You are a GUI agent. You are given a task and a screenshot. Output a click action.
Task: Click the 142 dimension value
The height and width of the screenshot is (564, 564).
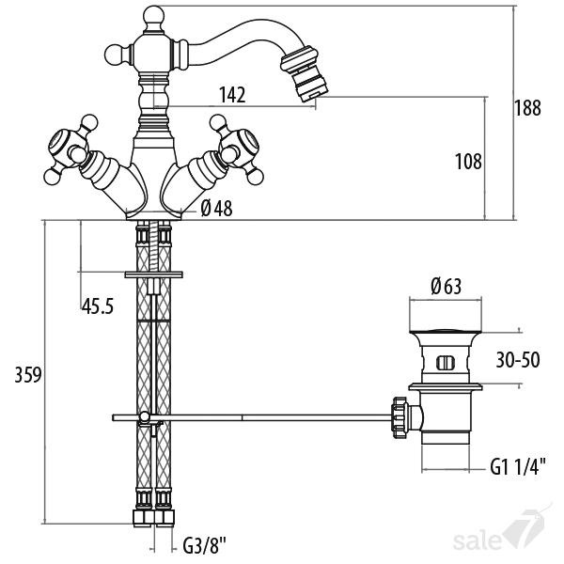click(x=232, y=95)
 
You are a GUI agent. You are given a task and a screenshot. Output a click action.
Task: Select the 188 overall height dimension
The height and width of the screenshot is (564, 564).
click(x=527, y=108)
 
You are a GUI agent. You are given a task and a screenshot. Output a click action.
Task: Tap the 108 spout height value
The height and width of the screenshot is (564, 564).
click(x=468, y=162)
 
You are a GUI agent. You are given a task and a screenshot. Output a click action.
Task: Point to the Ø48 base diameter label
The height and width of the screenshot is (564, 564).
click(x=216, y=209)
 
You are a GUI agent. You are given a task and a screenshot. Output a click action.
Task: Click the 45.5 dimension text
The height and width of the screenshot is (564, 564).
click(x=98, y=306)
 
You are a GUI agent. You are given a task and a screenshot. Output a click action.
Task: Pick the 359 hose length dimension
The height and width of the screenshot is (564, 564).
click(x=28, y=375)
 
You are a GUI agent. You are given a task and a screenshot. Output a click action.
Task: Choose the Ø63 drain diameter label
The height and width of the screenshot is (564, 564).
click(x=446, y=287)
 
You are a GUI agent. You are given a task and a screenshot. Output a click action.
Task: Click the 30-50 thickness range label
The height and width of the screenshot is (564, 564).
click(x=518, y=360)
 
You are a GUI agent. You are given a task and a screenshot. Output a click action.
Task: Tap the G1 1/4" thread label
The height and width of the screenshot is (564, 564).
click(x=518, y=466)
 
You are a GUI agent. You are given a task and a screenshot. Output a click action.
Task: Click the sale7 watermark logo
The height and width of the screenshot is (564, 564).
click(x=503, y=533)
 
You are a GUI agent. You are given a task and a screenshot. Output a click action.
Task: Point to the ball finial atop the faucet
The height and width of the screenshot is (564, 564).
click(x=153, y=16)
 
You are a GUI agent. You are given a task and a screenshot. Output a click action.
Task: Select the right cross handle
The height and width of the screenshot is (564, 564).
click(x=238, y=149)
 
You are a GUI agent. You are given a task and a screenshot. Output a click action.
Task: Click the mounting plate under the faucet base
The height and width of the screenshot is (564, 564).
click(x=153, y=274)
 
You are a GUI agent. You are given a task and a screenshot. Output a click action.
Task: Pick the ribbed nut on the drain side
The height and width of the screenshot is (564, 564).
click(x=401, y=417)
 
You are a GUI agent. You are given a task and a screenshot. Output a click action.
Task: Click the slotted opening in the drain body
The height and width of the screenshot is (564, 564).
click(x=446, y=363)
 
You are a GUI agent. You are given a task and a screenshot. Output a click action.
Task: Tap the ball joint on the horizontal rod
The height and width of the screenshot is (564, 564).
click(x=144, y=416)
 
